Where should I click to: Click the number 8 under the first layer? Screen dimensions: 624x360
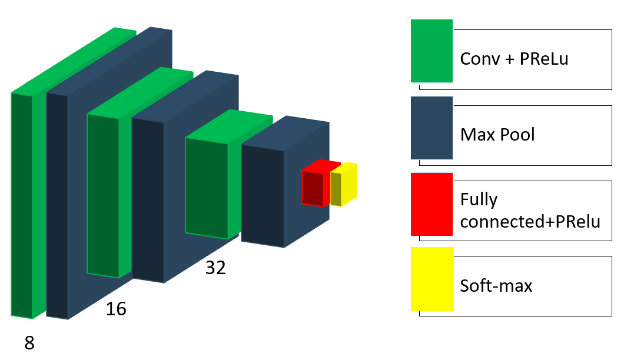(29, 343)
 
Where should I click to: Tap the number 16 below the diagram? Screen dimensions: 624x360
(116, 309)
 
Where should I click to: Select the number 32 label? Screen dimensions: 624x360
(215, 268)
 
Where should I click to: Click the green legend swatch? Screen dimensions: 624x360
(432, 51)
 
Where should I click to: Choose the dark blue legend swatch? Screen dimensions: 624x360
(432, 128)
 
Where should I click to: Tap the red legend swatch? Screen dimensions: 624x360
(432, 204)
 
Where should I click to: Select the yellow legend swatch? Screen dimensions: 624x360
(432, 279)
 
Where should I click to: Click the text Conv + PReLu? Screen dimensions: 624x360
(514, 59)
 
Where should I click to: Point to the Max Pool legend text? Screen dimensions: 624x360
(497, 134)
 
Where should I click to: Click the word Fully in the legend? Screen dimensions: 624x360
(479, 200)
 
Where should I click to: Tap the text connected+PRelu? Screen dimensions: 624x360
(530, 222)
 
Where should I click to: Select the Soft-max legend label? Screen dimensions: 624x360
(496, 286)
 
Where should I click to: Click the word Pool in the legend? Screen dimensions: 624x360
(517, 134)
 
